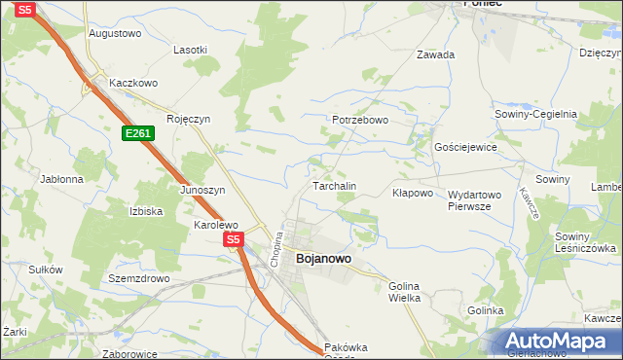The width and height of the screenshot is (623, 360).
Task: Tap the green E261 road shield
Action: (137, 132)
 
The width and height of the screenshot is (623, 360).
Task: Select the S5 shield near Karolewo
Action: (232, 238)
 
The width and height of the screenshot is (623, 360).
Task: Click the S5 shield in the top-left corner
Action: (26, 9)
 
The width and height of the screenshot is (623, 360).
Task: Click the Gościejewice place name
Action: (465, 147)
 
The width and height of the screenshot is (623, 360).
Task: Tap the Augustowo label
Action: (115, 33)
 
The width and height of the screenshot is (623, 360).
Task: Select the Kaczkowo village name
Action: (133, 84)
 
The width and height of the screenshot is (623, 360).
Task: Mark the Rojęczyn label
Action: (189, 120)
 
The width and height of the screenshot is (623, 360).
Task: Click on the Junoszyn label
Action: (202, 190)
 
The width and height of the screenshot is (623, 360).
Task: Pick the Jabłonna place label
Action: (61, 179)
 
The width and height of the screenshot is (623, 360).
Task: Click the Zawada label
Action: (435, 55)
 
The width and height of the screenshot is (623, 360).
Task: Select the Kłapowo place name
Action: (412, 193)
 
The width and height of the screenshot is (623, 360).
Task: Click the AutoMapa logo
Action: (560, 342)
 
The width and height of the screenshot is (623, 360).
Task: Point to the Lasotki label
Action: (190, 50)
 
